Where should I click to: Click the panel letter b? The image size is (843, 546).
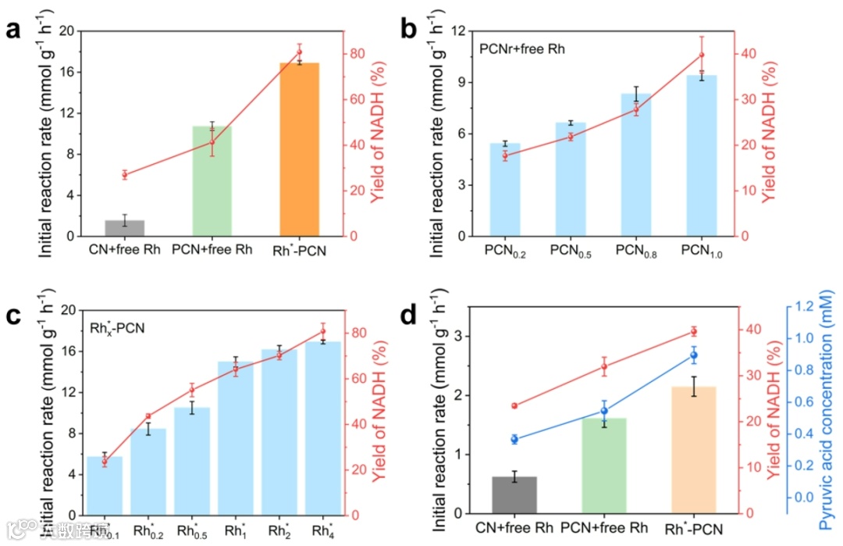pos(409,30)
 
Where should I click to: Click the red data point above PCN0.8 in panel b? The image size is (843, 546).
pos(635,110)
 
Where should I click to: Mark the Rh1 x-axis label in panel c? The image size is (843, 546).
pos(235,531)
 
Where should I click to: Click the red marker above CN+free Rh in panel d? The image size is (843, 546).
pos(514,406)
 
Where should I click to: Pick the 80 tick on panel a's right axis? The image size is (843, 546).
pos(357,54)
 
